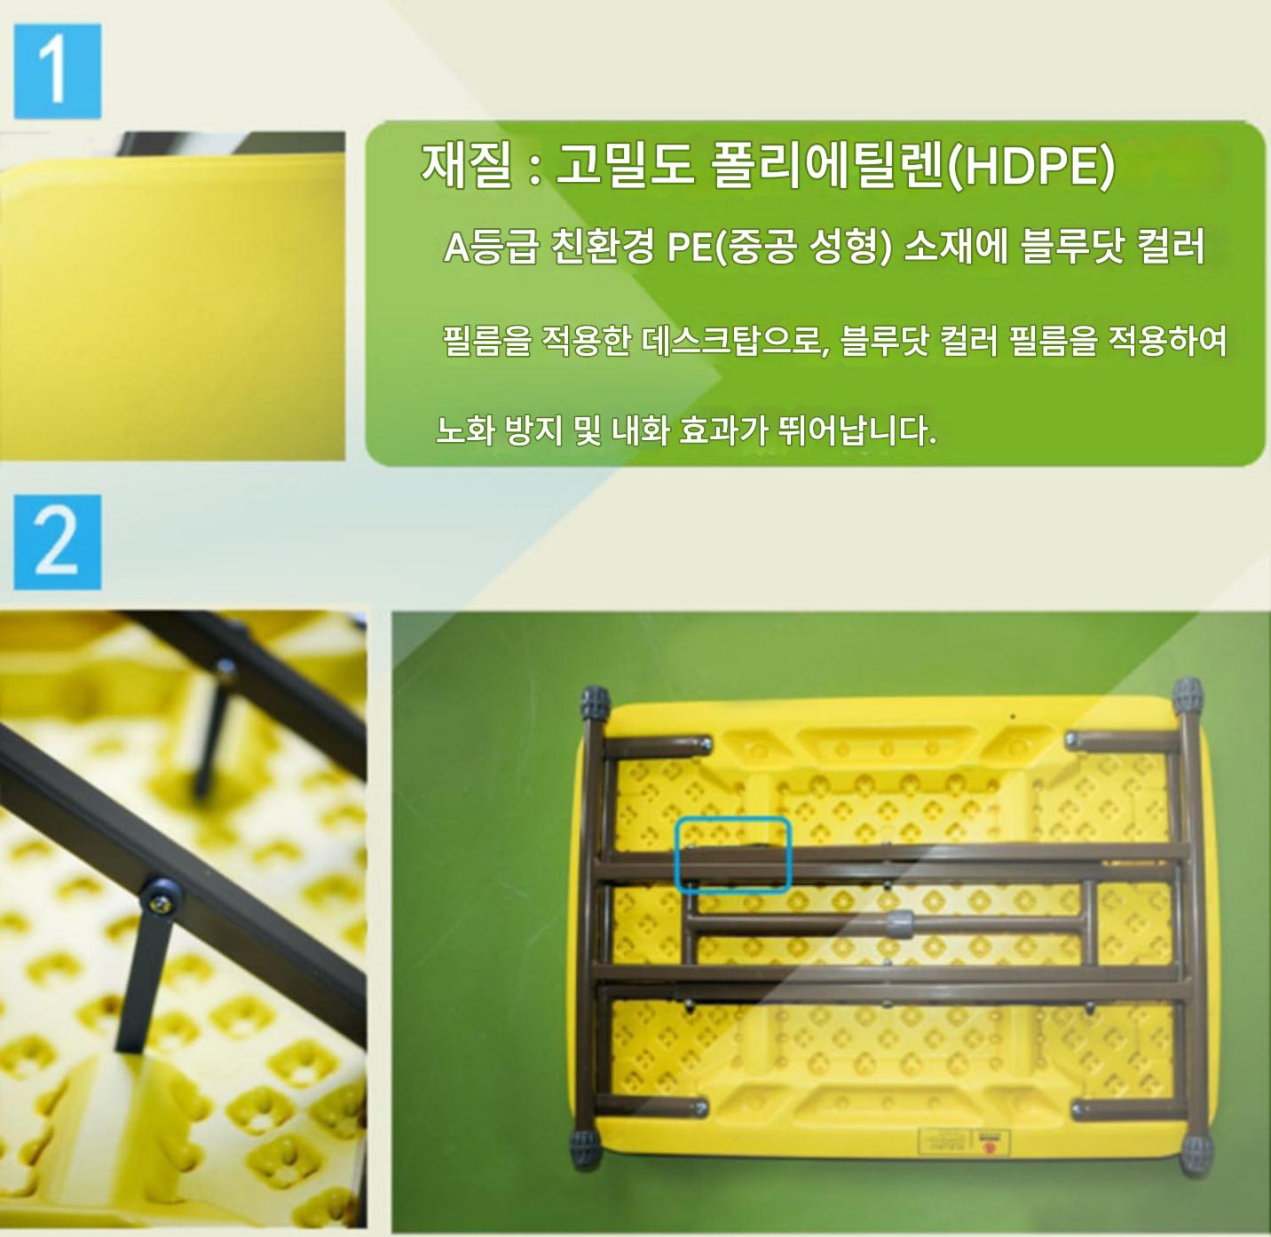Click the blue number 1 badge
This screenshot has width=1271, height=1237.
coord(58,71)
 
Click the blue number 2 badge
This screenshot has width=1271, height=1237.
coord(58,542)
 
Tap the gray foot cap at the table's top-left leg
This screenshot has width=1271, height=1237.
coord(595,704)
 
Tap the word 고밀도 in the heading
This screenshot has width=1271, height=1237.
coord(623,167)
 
